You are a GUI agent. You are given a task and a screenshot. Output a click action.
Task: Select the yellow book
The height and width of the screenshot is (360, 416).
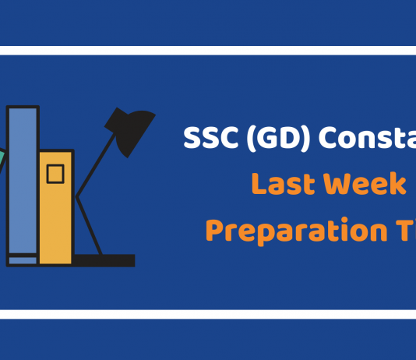tap(55, 207)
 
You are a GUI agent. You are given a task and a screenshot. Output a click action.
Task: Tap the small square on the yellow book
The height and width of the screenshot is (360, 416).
tap(55, 174)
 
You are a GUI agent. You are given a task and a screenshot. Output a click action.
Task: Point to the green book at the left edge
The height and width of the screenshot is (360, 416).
tap(2, 161)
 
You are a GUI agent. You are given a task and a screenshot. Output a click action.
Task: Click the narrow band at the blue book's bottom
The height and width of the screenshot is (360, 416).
tap(23, 259)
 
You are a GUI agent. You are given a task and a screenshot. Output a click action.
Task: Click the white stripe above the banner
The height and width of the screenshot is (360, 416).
tap(208, 51)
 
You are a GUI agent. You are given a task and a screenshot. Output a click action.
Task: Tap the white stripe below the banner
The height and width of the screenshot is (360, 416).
tap(208, 314)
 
